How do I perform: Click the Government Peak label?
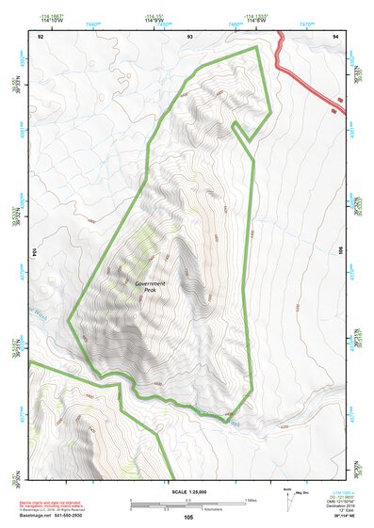pyautogui.click(x=149, y=286)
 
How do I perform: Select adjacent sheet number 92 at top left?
pyautogui.click(x=41, y=35)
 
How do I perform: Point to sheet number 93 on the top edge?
pyautogui.click(x=190, y=35)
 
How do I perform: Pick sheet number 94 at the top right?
pyautogui.click(x=334, y=35)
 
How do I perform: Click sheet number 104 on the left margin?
pyautogui.click(x=33, y=251)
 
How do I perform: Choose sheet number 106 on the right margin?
pyautogui.click(x=341, y=251)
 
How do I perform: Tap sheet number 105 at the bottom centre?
pyautogui.click(x=187, y=518)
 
